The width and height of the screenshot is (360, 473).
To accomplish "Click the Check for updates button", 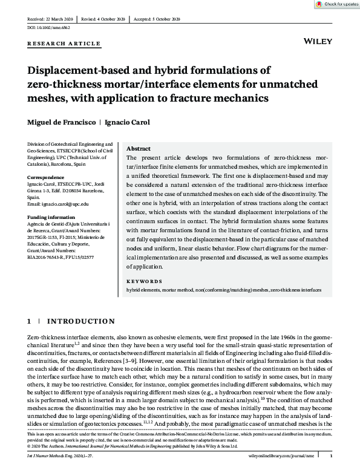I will [x=336, y=4].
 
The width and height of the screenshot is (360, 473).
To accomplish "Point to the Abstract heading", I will [x=138, y=149].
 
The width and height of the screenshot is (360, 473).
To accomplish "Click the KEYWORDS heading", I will [x=145, y=281].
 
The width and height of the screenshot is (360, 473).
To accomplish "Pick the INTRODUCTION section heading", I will [x=81, y=321].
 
